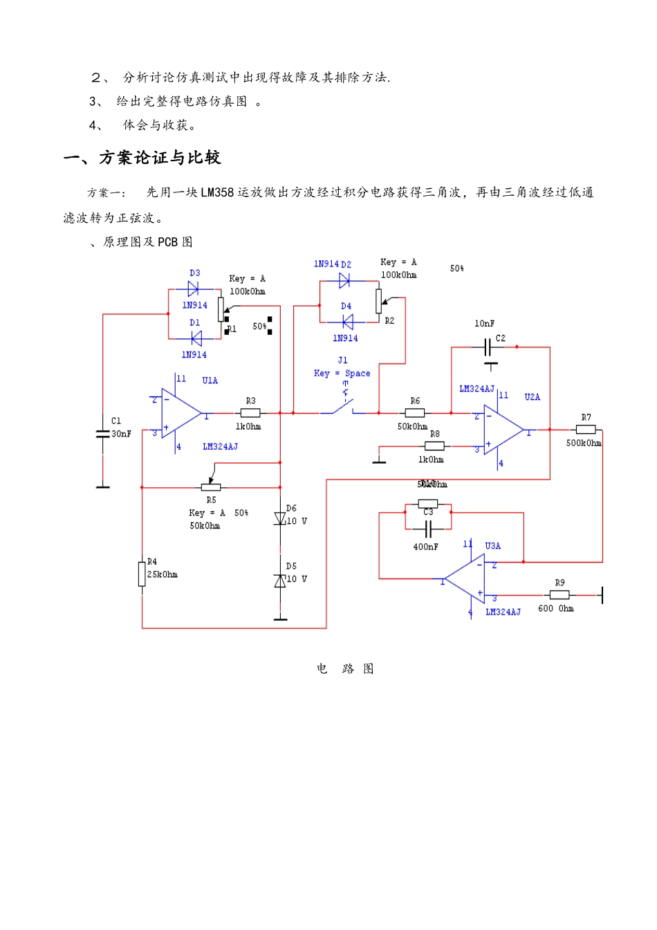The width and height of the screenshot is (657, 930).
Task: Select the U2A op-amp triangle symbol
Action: pos(503,430)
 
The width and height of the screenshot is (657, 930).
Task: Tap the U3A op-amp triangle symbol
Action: pos(466,578)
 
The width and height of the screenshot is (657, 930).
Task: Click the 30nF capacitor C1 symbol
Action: pos(103,433)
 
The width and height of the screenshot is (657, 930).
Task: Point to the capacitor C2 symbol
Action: pos(490,347)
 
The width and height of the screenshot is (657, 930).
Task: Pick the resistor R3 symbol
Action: pos(250,413)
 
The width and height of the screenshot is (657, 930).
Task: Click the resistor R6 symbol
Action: pos(414,413)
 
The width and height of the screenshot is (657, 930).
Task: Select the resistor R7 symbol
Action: pos(585,430)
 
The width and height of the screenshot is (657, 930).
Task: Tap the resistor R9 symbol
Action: pos(559,594)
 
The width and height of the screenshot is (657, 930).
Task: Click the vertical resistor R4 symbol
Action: pos(142,574)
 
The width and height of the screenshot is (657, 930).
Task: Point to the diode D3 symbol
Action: pos(194,289)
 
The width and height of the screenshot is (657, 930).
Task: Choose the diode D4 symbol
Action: pos(347,322)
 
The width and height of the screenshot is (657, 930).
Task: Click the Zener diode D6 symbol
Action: pos(280,518)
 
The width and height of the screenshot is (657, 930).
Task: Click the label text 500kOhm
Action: pos(584,443)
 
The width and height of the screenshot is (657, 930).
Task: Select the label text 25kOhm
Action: pos(163,574)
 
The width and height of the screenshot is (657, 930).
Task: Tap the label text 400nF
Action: pos(425,547)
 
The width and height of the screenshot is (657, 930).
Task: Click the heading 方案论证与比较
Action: pos(160,158)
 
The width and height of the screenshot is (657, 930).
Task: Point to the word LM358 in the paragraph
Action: pos(217,192)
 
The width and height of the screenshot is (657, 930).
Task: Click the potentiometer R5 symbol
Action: pos(211,487)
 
